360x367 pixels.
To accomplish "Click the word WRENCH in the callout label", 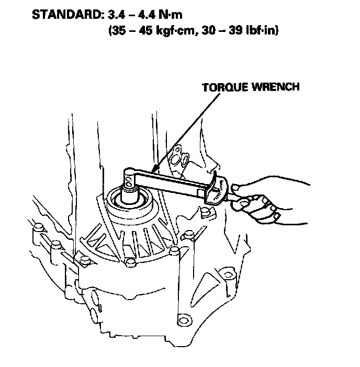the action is [x=277, y=87].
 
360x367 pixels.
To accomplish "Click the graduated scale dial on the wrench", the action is [x=219, y=190].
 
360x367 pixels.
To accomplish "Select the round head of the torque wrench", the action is [x=129, y=176].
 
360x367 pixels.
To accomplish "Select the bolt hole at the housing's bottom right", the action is [x=183, y=319].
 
